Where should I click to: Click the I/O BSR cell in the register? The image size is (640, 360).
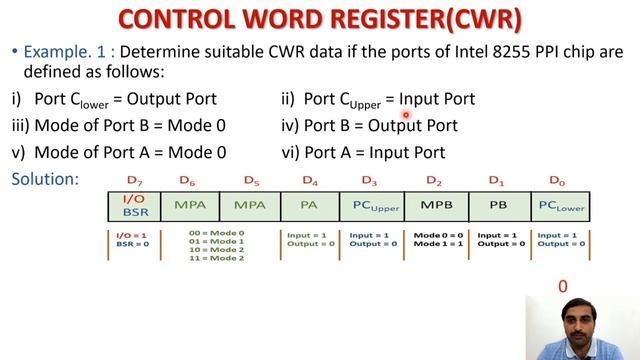pos(135,206)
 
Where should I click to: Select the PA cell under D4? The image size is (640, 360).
pos(310,206)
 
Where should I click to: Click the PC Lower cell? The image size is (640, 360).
pos(561,206)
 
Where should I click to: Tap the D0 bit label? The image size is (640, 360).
pos(557,181)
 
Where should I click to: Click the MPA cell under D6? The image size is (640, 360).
pos(190,206)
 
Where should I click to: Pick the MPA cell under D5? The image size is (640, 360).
pos(250,206)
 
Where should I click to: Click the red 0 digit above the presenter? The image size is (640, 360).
pos(563,287)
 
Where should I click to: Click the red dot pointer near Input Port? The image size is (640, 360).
pos(406,115)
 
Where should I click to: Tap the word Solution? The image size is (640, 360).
pos(44,179)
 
